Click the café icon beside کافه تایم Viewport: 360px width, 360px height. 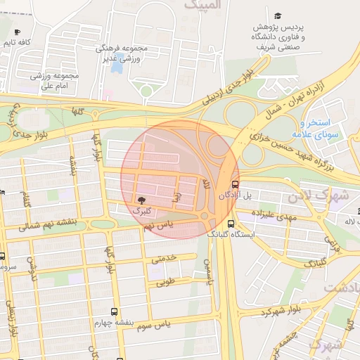pos(17,32)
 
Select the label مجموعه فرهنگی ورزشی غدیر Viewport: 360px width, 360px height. pos(124,54)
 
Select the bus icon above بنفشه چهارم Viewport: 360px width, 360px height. pos(115,311)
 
